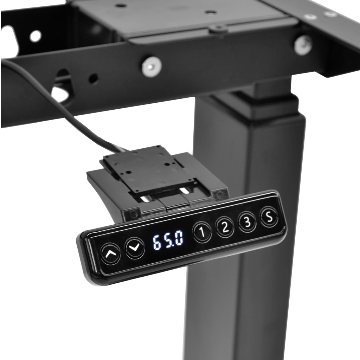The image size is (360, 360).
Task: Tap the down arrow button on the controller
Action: pyautogui.click(x=135, y=247)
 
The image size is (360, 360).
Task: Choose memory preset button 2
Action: pyautogui.click(x=225, y=227)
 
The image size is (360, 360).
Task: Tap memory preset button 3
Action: pyautogui.click(x=247, y=221)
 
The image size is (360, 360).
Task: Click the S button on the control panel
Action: pyautogui.click(x=269, y=216)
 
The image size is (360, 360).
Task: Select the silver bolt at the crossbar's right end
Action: pyautogui.click(x=303, y=45)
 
